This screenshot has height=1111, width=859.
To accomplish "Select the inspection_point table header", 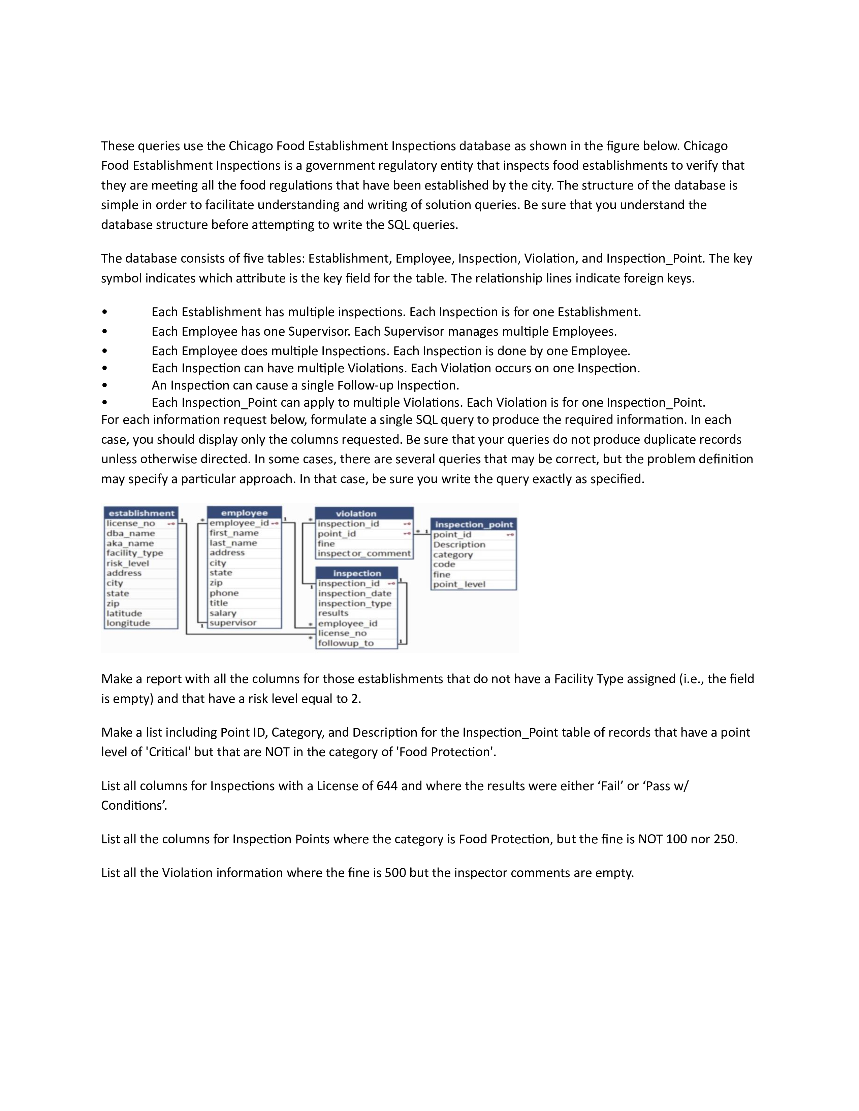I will pyautogui.click(x=474, y=524).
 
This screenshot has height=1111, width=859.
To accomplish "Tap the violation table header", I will pyautogui.click(x=356, y=513).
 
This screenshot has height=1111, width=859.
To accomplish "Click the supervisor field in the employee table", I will pyautogui.click(x=233, y=622).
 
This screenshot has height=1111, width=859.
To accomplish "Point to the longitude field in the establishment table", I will pyautogui.click(x=128, y=623).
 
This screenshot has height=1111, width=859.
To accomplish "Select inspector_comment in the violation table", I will pyautogui.click(x=364, y=553).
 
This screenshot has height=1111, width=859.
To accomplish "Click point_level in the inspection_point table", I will pyautogui.click(x=459, y=584).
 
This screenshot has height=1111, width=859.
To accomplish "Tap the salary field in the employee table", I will pyautogui.click(x=223, y=613).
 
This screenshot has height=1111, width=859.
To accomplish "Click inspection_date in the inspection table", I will pyautogui.click(x=355, y=593).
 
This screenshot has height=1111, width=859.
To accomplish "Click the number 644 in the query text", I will pyautogui.click(x=387, y=786).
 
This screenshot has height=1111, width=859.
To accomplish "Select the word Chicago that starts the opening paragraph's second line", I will pyautogui.click(x=705, y=146).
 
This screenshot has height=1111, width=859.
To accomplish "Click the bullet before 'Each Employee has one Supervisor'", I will pyautogui.click(x=104, y=332).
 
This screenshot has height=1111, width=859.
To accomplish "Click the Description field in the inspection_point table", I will pyautogui.click(x=459, y=544).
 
